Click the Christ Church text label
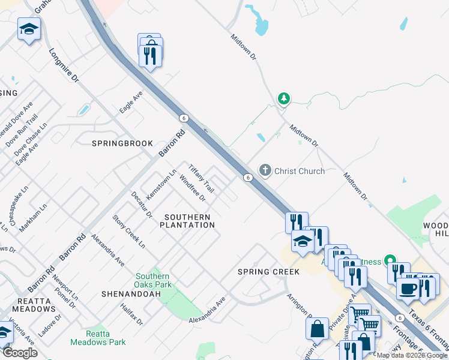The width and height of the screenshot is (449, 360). (x=299, y=171)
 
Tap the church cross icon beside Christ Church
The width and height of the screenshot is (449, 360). (x=265, y=171)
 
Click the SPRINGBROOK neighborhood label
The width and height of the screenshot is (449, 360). (x=122, y=144)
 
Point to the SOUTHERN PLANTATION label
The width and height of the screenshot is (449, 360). (x=187, y=221)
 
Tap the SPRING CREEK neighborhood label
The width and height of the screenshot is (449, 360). (x=268, y=272)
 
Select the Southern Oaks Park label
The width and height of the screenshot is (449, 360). (x=154, y=280)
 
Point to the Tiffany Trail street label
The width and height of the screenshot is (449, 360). (x=201, y=176)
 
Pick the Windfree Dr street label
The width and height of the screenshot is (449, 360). (x=193, y=189)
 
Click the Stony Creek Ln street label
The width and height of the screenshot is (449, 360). (x=128, y=232)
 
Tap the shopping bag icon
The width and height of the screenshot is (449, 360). (x=317, y=329)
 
